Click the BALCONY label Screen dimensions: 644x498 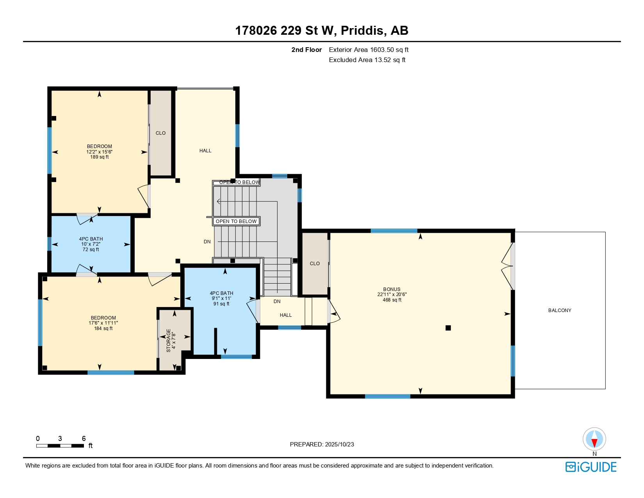pos(560,310)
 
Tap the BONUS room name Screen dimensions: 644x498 pos(391,289)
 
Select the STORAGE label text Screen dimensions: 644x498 pos(168,341)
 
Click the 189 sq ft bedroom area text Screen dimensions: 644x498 pos(99,157)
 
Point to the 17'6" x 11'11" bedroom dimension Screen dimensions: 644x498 pos(103,323)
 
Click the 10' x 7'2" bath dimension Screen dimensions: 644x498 pos(91,244)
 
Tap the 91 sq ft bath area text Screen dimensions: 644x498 pos(221,304)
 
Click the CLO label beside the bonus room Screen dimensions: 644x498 pos(315,263)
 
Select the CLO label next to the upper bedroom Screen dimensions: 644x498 pos(161,133)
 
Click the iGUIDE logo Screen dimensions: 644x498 pos(591,467)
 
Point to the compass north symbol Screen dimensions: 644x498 pos(594,439)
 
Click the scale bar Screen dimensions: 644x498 pos(60,446)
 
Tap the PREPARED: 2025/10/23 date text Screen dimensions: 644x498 pos(322,444)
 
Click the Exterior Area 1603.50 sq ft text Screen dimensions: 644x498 pos(369,50)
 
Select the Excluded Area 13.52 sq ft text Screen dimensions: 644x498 pos(367,60)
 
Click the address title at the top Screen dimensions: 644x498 pos(322,30)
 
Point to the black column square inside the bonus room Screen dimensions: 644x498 pos(448,328)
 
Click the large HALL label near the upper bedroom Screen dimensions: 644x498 pos(205,151)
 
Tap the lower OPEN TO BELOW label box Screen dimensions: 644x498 pos(236,221)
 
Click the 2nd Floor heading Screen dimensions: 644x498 pos(306,50)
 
